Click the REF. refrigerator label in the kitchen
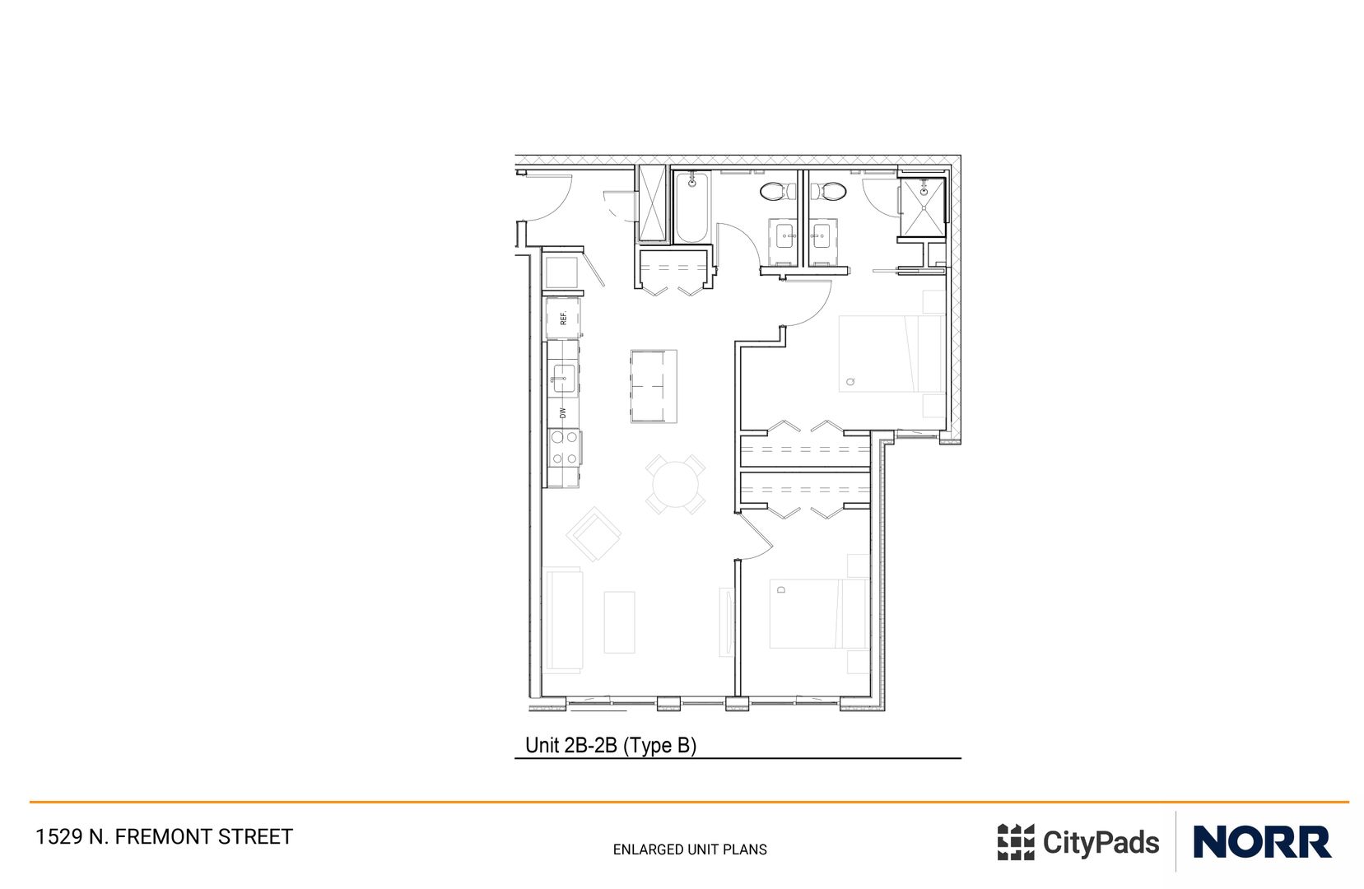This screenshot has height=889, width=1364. pyautogui.click(x=564, y=318)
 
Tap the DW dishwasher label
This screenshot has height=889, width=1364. pyautogui.click(x=563, y=412)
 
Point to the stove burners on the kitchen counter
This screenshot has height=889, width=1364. pyautogui.click(x=565, y=449)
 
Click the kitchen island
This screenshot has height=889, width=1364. pyautogui.click(x=654, y=386)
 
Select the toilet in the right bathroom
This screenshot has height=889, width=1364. pyautogui.click(x=830, y=192)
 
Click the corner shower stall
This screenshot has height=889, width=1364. pyautogui.click(x=922, y=207)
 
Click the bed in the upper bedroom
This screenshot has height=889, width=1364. pyautogui.click(x=889, y=354)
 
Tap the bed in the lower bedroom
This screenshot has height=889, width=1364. pyautogui.click(x=817, y=613)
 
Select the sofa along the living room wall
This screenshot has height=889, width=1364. pyautogui.click(x=563, y=619)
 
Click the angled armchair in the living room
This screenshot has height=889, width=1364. pyautogui.click(x=593, y=534)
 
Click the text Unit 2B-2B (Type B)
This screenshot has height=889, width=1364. pyautogui.click(x=611, y=745)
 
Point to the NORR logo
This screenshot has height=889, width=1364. pyautogui.click(x=1261, y=842)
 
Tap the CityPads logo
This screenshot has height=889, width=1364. pyautogui.click(x=1078, y=842)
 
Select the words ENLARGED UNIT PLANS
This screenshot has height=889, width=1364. pyautogui.click(x=690, y=849)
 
